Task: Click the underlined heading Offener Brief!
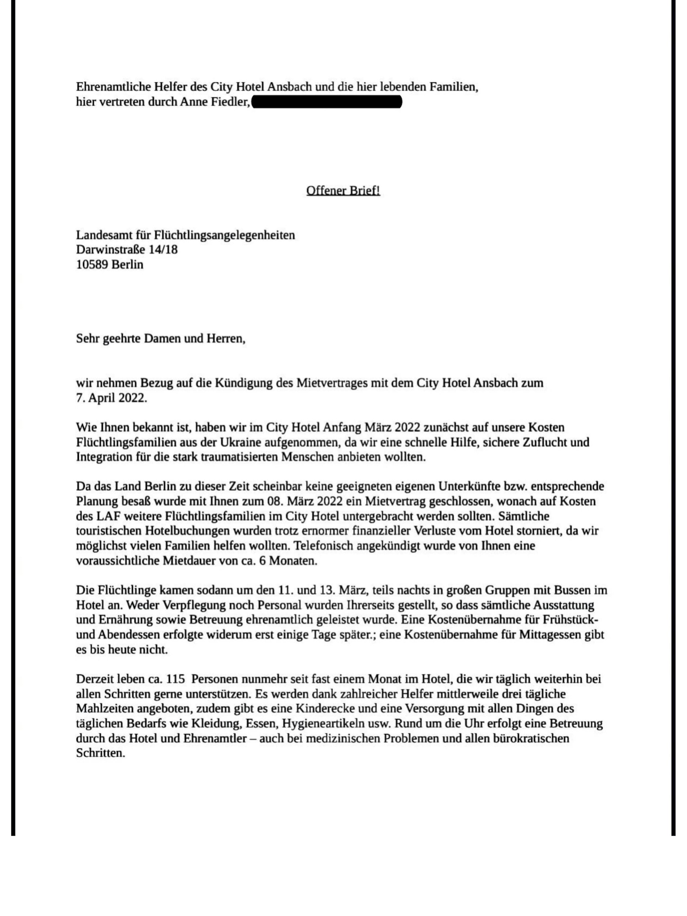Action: [343, 191]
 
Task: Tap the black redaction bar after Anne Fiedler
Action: [327, 102]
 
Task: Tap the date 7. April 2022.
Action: [111, 398]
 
